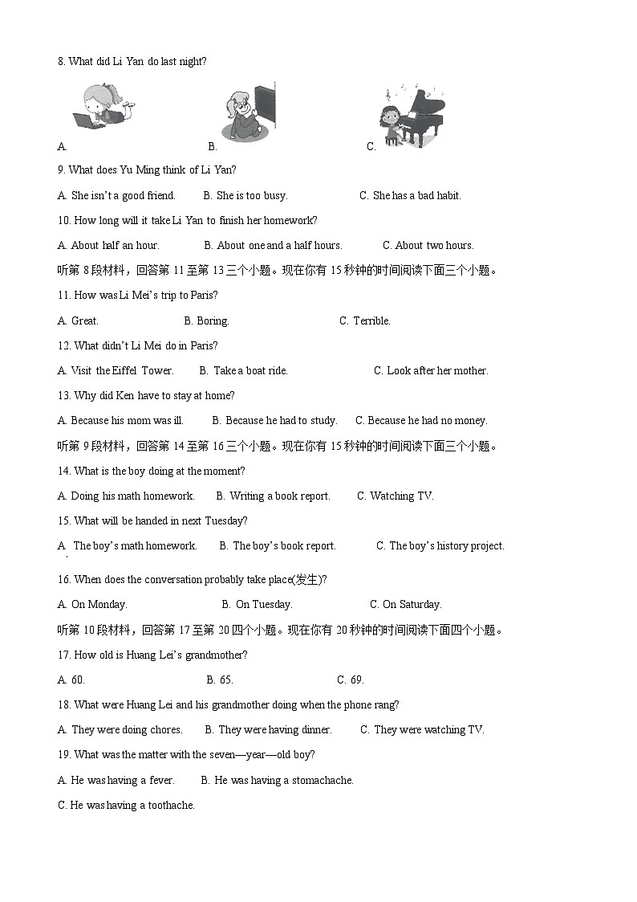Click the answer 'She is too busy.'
click(x=251, y=195)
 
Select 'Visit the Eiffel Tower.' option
click(x=122, y=370)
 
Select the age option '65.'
click(x=225, y=680)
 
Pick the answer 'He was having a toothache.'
click(x=132, y=805)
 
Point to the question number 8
click(x=61, y=61)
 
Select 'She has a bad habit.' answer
click(x=416, y=195)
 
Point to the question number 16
click(x=64, y=579)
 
